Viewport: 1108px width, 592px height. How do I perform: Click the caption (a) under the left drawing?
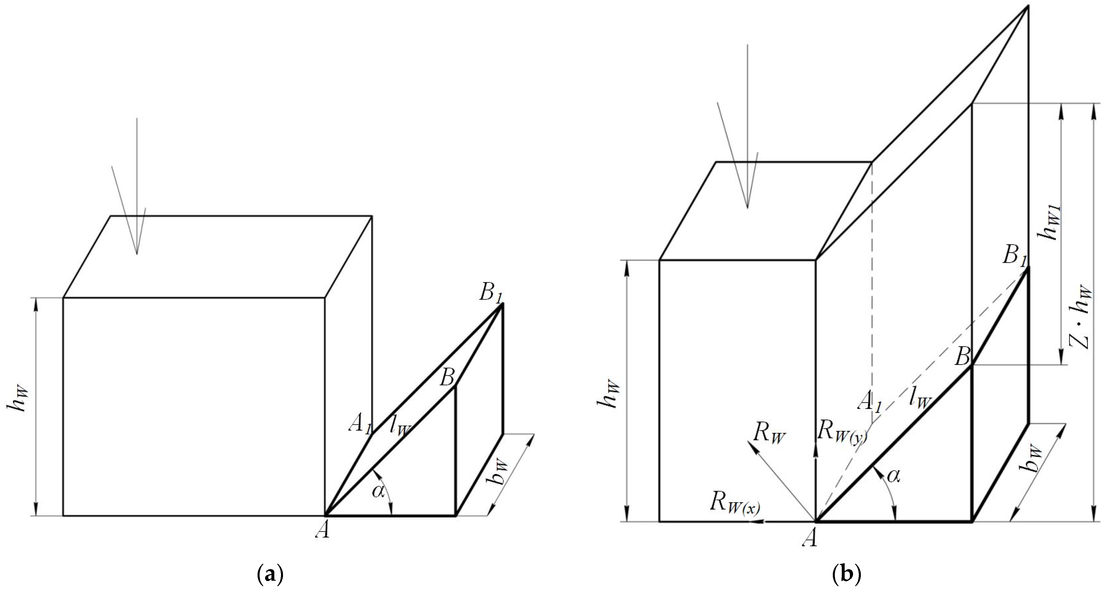coord(270,575)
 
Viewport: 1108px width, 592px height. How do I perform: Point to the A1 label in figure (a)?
coord(360,426)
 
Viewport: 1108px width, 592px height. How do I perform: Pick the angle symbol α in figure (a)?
coord(378,491)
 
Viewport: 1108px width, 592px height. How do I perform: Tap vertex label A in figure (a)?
coord(323,530)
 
